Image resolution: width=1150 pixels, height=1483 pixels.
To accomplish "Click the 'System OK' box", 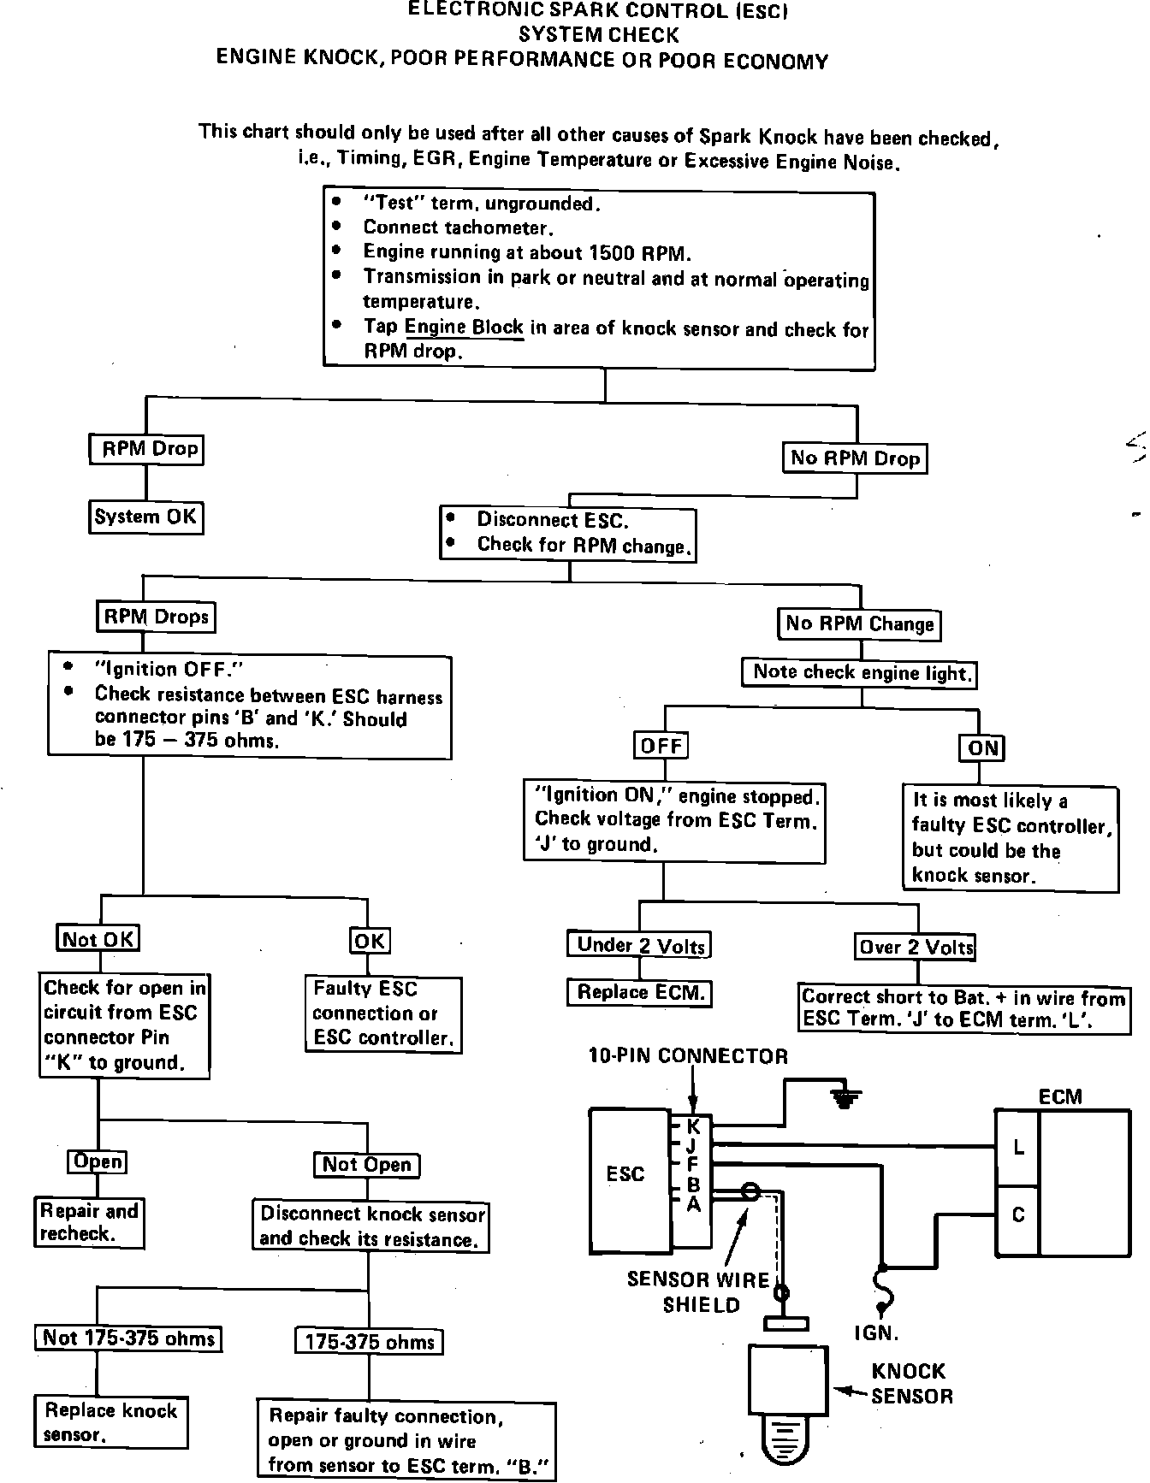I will [146, 517].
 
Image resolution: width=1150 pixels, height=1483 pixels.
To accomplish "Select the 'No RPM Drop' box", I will [855, 458].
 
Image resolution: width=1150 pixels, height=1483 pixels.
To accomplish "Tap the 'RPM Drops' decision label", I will [156, 617].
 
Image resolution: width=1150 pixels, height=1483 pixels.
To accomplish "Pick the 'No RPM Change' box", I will [859, 624].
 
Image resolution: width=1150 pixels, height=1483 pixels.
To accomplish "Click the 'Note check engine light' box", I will [860, 673].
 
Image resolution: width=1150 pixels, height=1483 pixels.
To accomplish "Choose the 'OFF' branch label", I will [661, 746].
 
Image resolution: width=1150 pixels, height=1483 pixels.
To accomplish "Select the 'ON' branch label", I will [982, 748].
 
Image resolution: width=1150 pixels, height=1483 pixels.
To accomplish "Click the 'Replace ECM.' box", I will [640, 993].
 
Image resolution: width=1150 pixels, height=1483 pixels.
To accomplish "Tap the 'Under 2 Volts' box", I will [639, 945].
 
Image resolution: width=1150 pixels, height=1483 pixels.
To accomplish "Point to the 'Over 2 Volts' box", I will [916, 947].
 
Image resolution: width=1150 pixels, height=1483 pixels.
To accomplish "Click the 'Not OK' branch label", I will [98, 939].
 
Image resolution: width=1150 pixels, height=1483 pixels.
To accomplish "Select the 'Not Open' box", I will [367, 1165].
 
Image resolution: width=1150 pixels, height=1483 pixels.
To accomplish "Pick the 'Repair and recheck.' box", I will [89, 1222].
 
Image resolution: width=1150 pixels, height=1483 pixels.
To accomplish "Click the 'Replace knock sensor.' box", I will [110, 1421].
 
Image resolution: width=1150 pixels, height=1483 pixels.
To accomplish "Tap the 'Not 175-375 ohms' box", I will [128, 1338].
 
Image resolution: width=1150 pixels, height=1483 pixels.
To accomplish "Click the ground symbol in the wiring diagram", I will [845, 1098].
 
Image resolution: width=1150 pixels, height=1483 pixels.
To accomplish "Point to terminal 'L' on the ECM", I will [1018, 1148].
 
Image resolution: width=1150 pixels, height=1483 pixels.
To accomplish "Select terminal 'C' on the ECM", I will [1018, 1215].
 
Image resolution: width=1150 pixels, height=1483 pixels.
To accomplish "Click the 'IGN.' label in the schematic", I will [877, 1332].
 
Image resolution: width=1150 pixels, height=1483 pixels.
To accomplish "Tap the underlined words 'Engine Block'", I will [464, 328].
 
